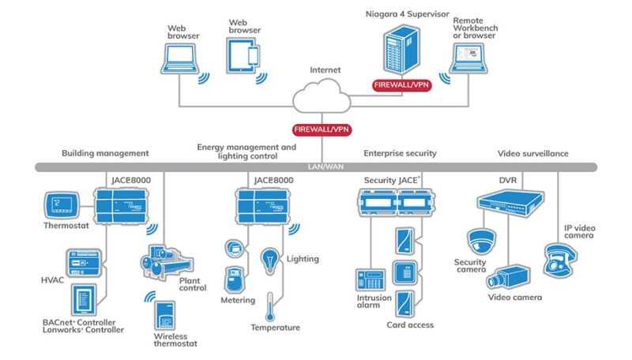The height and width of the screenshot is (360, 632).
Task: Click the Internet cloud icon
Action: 324,99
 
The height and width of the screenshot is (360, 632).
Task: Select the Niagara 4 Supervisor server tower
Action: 401,51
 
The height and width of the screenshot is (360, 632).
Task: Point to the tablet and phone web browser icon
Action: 243,55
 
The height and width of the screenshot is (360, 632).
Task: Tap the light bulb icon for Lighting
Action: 269,258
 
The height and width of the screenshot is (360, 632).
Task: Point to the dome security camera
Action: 480,241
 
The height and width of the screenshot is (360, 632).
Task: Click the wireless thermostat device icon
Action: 165,315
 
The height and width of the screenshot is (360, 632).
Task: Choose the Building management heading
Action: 105,153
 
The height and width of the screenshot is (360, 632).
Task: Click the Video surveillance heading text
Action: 533,153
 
